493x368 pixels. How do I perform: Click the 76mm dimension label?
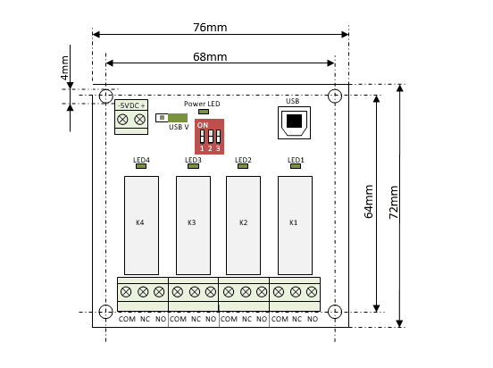(210, 28)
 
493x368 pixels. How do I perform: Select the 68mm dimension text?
(210, 57)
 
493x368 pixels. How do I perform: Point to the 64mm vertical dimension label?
(369, 201)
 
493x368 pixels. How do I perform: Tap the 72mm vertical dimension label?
(394, 202)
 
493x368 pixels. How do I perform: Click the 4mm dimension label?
(64, 68)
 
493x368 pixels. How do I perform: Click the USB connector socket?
(295, 122)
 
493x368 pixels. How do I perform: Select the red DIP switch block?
(209, 137)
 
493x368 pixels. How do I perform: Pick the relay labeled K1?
(295, 225)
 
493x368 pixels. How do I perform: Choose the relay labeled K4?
(141, 225)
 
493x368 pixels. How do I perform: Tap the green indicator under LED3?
(193, 166)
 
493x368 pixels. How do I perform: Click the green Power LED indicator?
(204, 112)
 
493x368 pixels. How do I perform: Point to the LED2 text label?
(243, 160)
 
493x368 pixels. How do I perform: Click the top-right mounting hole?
(335, 96)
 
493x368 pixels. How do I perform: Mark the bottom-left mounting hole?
(105, 312)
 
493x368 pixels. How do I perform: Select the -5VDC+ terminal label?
(131, 105)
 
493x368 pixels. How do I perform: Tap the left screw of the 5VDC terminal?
(122, 120)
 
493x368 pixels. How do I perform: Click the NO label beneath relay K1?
(313, 319)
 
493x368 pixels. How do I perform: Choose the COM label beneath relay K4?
(127, 319)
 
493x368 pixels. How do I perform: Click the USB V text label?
(179, 127)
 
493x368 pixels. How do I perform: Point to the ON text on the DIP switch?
(203, 125)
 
